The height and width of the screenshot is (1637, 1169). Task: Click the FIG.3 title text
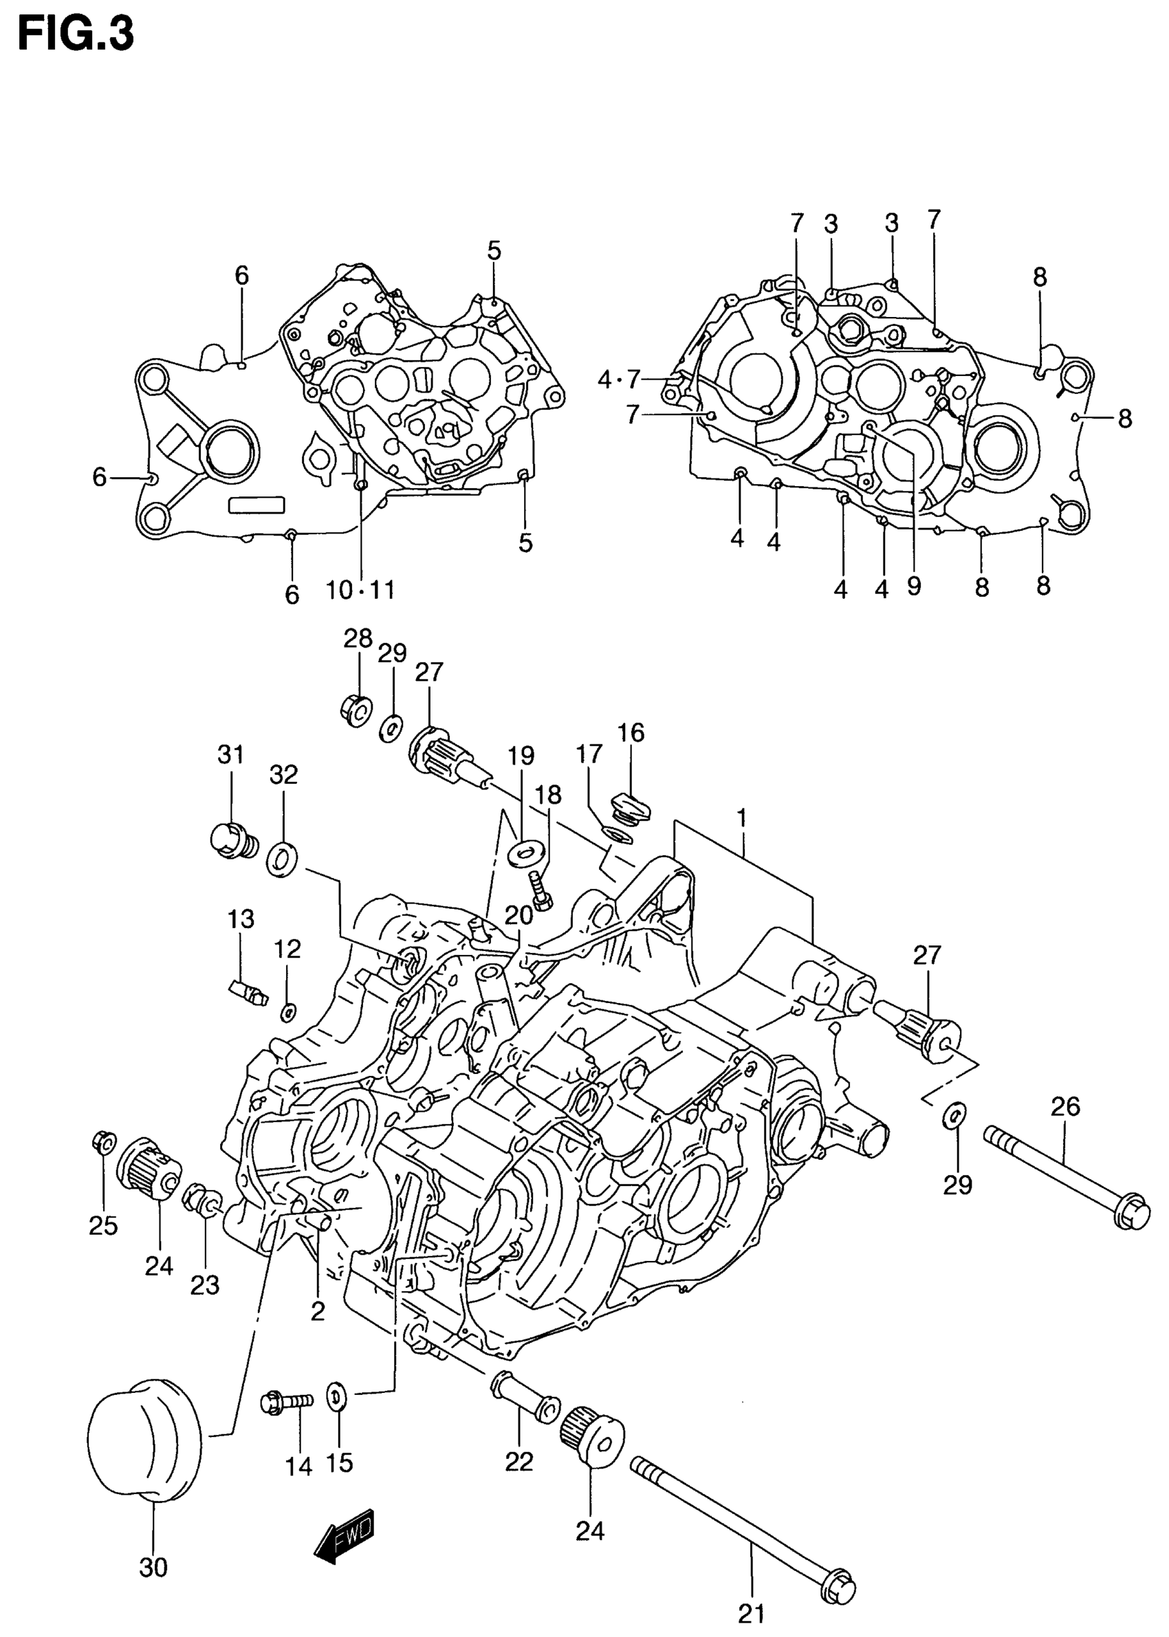(x=76, y=34)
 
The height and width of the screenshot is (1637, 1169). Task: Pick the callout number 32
(x=283, y=775)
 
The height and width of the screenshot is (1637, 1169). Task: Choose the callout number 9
(x=913, y=586)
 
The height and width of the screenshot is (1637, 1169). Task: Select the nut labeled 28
(x=356, y=709)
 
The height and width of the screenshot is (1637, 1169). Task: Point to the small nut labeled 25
(x=104, y=1143)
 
